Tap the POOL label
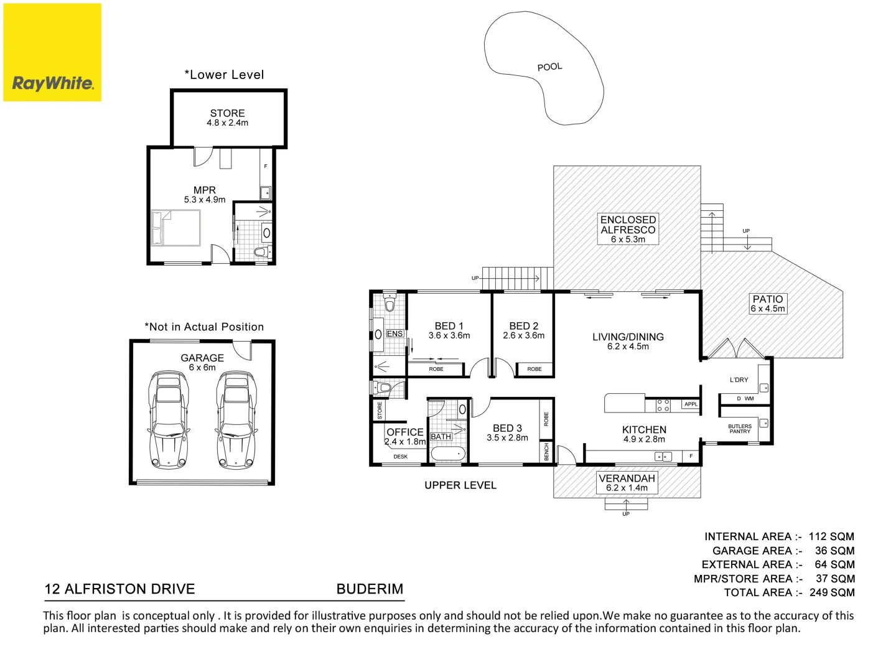tap(549, 67)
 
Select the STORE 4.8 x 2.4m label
tap(227, 118)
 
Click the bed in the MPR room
tap(176, 228)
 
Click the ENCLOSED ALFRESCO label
tap(628, 229)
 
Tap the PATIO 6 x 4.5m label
tap(768, 304)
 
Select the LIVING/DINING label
tap(628, 341)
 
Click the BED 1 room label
tap(449, 330)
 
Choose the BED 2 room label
tap(523, 330)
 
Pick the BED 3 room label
tap(507, 432)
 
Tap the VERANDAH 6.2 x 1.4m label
tap(627, 482)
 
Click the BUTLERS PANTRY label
tap(740, 429)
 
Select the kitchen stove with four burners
tap(663, 406)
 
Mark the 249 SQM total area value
tap(832, 592)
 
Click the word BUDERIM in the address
tap(370, 589)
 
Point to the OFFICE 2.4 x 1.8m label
tap(405, 436)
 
